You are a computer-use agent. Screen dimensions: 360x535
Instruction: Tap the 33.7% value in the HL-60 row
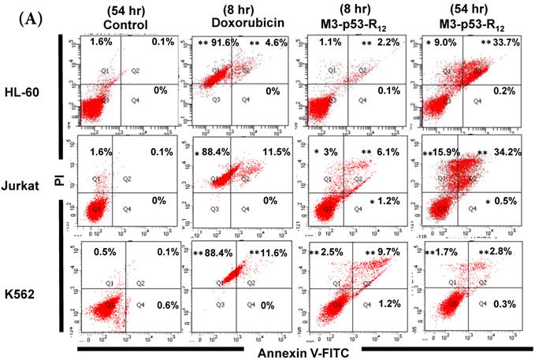coord(514,43)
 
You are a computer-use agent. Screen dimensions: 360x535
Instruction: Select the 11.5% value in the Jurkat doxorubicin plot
coord(272,150)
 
